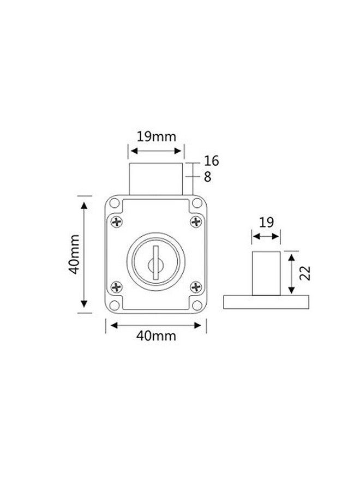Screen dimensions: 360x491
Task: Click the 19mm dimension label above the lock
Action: (156, 137)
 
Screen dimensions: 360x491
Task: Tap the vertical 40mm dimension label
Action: (75, 254)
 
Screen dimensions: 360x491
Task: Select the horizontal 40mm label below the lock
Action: (156, 336)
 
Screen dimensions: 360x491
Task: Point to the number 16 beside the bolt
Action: (211, 161)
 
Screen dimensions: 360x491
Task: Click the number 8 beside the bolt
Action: (208, 177)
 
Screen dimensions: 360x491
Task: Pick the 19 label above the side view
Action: (266, 223)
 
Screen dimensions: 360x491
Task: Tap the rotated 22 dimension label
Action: (305, 273)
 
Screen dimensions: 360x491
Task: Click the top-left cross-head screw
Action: (116, 222)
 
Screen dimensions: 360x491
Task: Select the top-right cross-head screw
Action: (196, 221)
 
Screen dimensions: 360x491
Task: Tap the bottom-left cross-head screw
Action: (116, 287)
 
